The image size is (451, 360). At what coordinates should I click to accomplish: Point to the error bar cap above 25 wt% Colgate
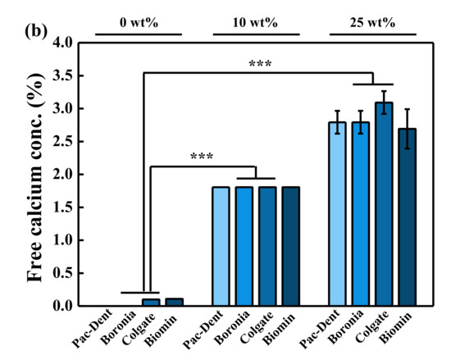coord(384,92)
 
